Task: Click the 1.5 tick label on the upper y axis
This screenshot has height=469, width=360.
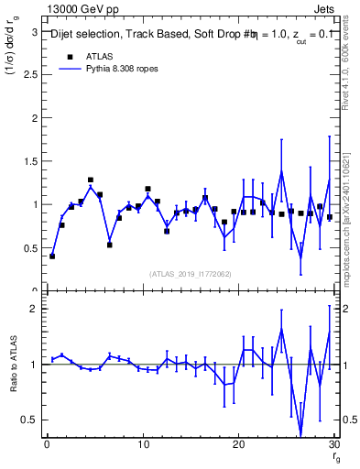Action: click(x=31, y=161)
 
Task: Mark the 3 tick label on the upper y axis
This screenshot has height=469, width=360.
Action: click(x=35, y=31)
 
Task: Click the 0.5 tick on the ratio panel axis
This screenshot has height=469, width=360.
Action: click(x=31, y=420)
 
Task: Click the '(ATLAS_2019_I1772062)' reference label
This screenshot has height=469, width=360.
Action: click(x=191, y=274)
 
